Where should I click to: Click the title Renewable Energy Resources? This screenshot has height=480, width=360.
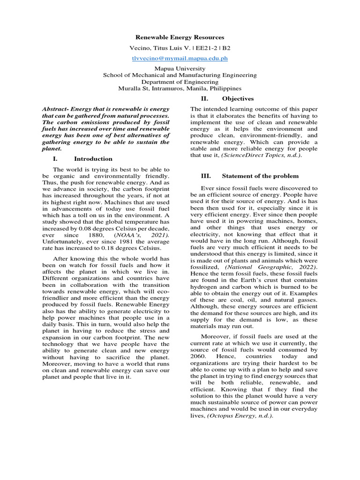pos(180,37)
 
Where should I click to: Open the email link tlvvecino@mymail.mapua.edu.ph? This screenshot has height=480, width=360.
pos(180,59)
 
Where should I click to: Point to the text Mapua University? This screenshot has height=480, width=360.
pos(180,68)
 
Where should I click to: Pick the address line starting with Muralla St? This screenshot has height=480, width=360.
pos(180,88)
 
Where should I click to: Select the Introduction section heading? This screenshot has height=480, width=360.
pos(93,159)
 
